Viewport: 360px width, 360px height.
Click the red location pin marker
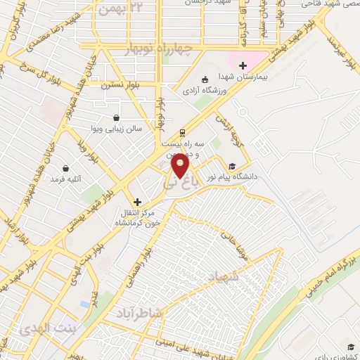tap(181, 167)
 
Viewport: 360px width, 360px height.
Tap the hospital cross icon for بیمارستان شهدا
tap(243, 65)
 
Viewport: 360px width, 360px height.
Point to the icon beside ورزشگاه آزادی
tap(204, 79)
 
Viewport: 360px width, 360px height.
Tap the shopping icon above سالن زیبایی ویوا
tap(116, 117)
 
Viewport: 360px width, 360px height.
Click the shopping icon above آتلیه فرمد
tap(67, 169)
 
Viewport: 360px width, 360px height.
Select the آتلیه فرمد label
tap(66, 179)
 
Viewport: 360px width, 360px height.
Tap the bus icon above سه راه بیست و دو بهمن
tap(182, 132)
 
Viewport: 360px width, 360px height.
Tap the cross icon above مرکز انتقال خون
tap(137, 202)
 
